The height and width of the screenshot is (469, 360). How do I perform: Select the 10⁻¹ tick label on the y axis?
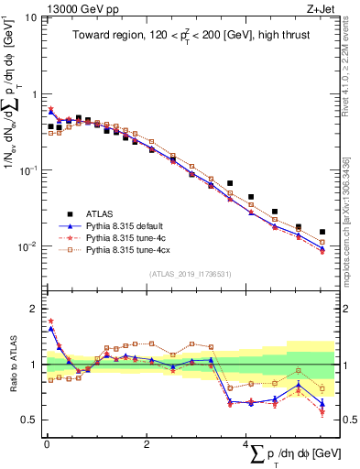click(27, 171)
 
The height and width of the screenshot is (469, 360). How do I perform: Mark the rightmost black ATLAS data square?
click(322, 232)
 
